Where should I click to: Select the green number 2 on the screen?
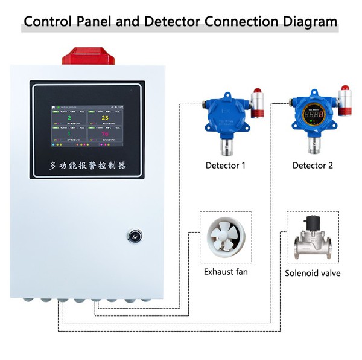click(69, 118)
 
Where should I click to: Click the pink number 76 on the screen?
click(104, 134)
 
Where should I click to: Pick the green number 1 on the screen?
click(69, 134)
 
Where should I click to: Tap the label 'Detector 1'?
click(226, 165)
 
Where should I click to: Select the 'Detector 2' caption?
click(313, 165)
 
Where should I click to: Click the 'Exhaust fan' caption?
click(226, 272)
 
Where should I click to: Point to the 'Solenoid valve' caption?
click(313, 273)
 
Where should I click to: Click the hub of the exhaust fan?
click(226, 238)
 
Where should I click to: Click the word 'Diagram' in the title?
click(308, 22)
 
